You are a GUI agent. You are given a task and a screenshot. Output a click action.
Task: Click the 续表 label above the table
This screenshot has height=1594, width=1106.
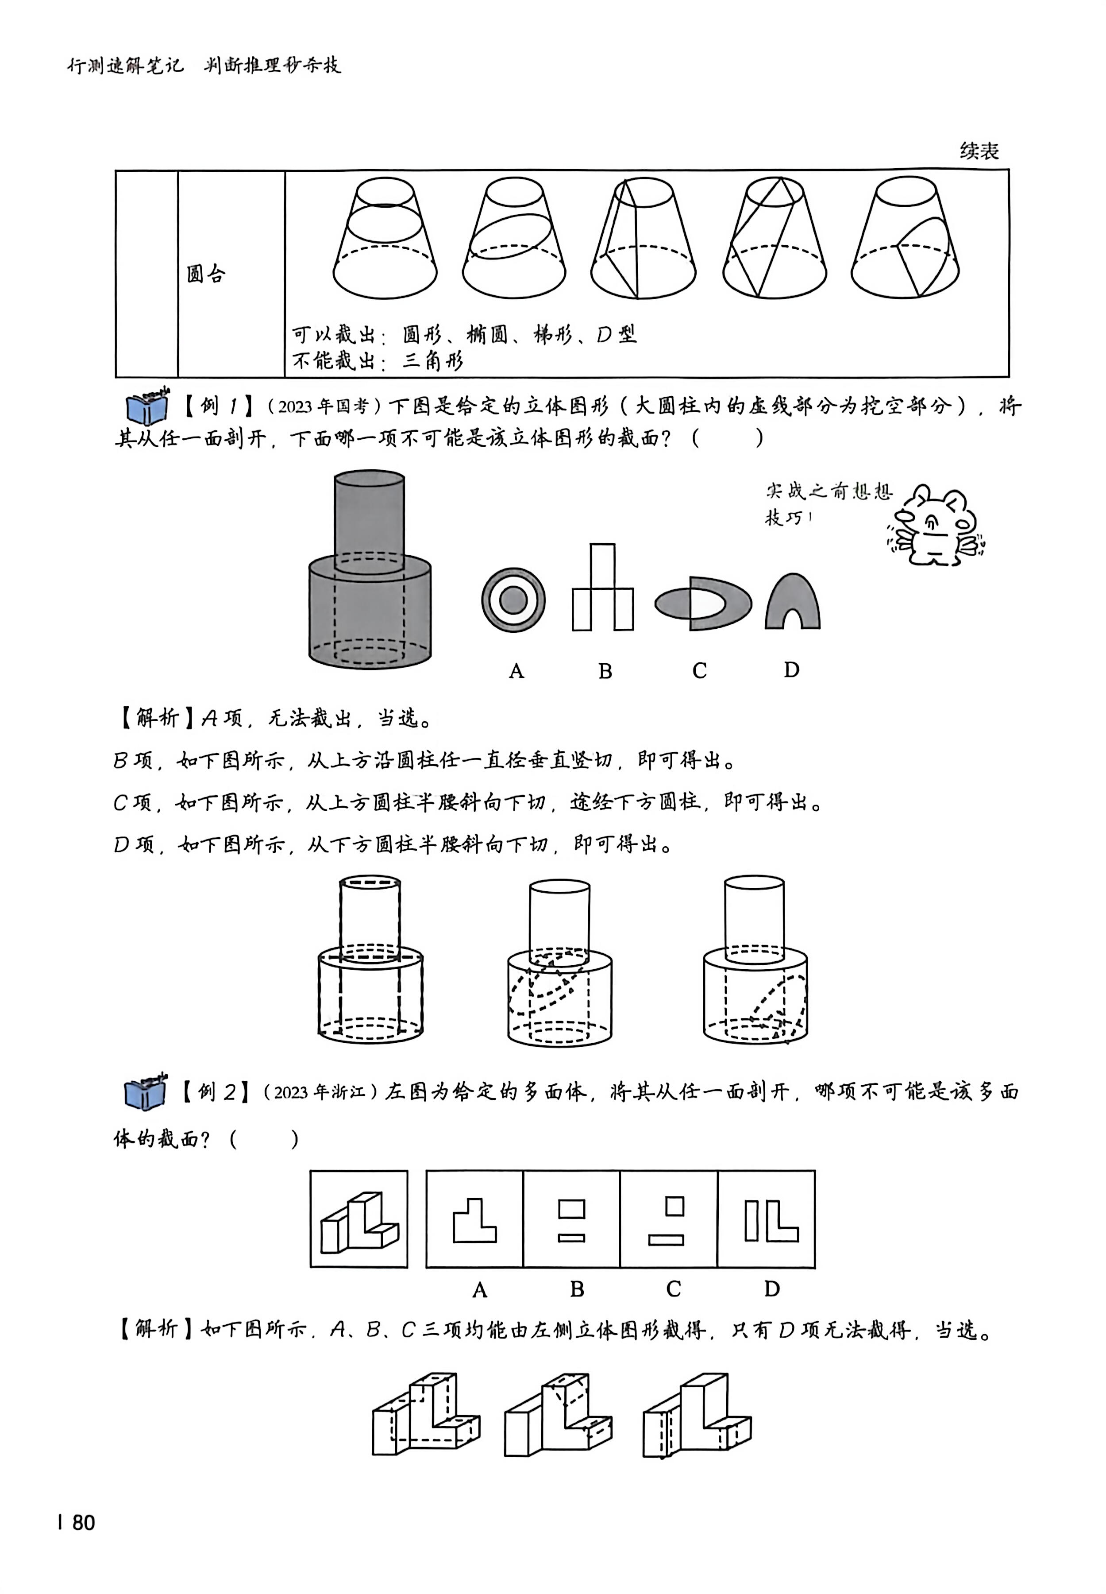(979, 151)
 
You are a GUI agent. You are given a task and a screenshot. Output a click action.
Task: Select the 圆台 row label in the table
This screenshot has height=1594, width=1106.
(206, 275)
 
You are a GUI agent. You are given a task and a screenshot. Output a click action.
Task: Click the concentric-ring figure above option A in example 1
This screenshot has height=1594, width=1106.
(513, 600)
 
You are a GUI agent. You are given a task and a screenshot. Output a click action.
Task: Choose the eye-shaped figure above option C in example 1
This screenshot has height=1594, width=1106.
(703, 603)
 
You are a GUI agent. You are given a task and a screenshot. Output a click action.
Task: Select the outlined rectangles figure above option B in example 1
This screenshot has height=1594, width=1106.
(602, 588)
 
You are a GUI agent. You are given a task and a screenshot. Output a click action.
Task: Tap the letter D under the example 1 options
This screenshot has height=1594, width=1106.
(791, 670)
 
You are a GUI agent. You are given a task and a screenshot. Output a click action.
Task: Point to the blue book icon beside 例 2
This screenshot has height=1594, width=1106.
(146, 1093)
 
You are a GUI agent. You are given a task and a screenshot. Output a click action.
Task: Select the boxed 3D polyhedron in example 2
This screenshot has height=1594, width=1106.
(359, 1219)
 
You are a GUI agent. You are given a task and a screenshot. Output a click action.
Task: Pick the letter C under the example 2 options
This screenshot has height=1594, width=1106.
(674, 1289)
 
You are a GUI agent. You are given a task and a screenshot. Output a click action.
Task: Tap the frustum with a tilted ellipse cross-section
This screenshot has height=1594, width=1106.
(513, 239)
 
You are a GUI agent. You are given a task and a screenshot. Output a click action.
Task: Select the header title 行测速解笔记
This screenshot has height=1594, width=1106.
(125, 66)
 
